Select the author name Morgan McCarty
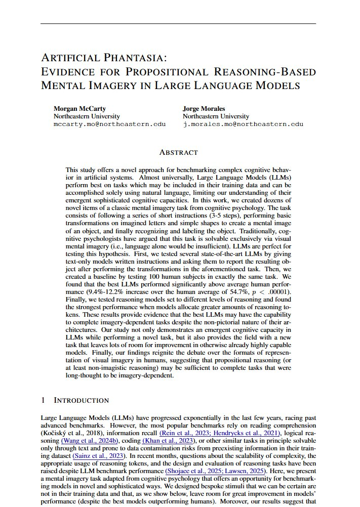tap(76, 108)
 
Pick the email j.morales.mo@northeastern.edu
tap(243, 123)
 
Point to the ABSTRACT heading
tap(178, 152)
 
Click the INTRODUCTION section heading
tap(82, 400)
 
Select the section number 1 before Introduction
tap(43, 400)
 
